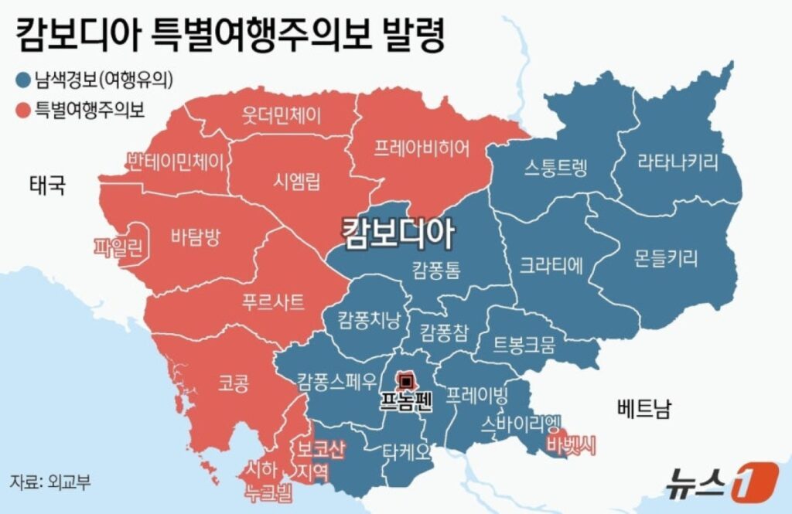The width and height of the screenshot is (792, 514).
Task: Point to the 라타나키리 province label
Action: (678, 162)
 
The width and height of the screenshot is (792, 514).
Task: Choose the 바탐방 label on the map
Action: (194, 237)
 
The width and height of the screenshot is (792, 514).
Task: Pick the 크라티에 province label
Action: (551, 265)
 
